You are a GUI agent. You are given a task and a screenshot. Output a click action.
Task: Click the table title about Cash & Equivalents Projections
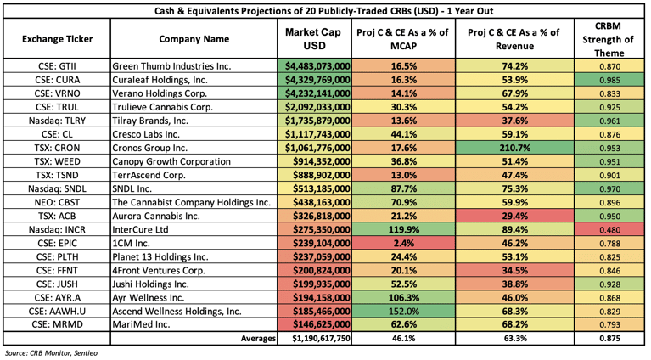(325, 10)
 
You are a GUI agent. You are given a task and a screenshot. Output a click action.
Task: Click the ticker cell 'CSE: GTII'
(56, 65)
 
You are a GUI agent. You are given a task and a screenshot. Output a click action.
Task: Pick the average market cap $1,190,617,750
(314, 338)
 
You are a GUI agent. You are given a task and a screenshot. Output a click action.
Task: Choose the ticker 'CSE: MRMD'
(56, 323)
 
